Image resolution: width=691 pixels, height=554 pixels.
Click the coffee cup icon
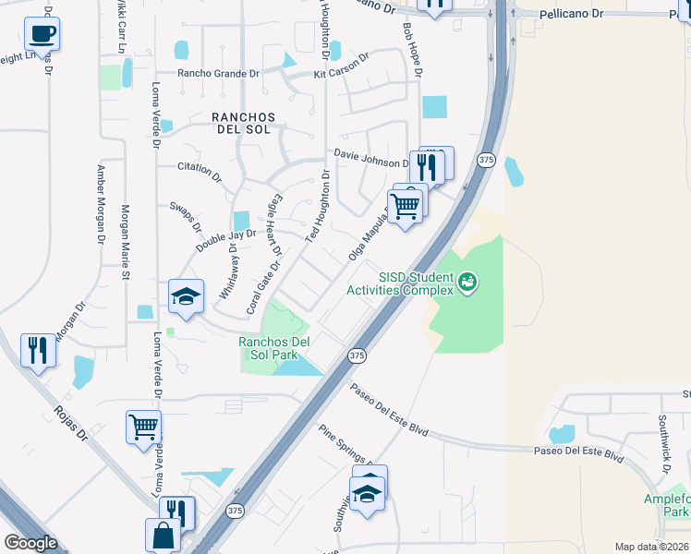click(x=42, y=35)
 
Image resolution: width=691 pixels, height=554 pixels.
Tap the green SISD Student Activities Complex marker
click(x=468, y=280)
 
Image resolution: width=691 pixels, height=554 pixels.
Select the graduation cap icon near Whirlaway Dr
click(x=186, y=297)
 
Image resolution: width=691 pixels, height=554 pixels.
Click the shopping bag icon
click(x=163, y=536)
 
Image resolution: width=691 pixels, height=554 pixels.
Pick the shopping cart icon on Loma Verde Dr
click(x=144, y=427)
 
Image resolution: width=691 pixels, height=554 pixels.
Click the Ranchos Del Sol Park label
click(x=274, y=348)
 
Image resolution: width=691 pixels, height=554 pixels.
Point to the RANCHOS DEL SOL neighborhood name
click(x=244, y=123)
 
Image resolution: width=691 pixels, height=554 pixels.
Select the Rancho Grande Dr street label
click(x=220, y=73)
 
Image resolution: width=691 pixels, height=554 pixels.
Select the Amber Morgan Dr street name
click(x=100, y=204)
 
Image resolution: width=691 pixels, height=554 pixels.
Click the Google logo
click(x=30, y=542)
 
